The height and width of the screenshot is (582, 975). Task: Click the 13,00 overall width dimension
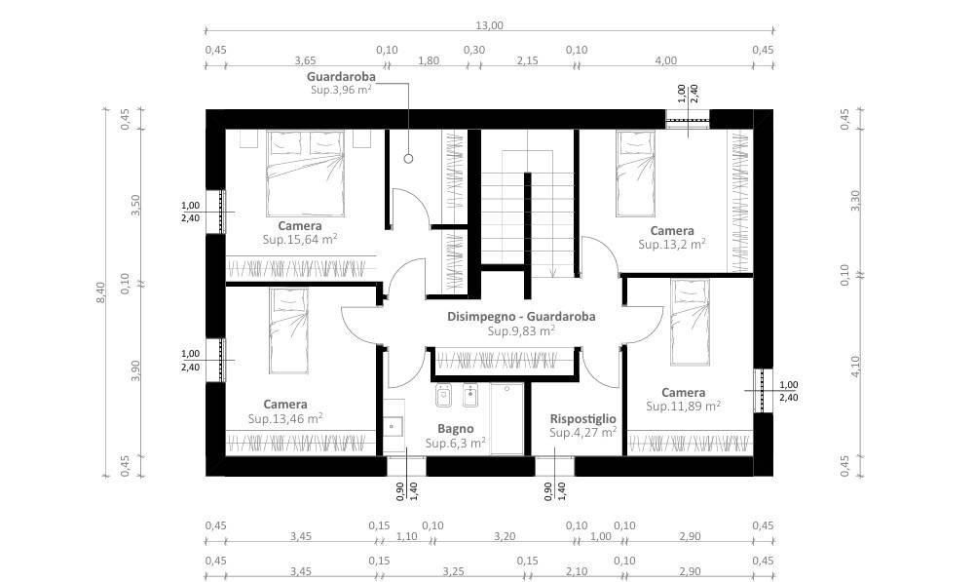coord(489,25)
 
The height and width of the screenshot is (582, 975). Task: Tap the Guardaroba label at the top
coord(341,77)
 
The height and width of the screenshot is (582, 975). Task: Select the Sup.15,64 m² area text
coord(300,239)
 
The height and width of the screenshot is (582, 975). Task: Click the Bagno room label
coord(455,429)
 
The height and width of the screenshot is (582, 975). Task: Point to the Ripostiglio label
coord(582,419)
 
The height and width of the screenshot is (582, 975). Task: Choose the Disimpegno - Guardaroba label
coord(521,316)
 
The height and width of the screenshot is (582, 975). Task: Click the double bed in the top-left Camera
coord(305,174)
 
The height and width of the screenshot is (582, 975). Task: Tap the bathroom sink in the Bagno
coord(393,426)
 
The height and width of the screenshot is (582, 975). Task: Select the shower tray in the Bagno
coord(506,418)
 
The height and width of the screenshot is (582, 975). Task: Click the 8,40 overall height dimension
coord(100,292)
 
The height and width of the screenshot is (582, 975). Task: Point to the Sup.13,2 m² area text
coord(671,244)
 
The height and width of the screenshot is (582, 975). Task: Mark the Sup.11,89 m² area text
coord(683,406)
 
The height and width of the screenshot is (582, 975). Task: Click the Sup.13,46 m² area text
coord(284,418)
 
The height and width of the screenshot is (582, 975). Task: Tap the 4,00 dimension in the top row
coord(666,60)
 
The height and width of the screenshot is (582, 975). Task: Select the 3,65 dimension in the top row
coord(305,60)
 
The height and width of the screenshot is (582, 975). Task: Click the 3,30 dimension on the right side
coord(855,201)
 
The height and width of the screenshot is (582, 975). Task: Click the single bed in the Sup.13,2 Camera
coord(635,174)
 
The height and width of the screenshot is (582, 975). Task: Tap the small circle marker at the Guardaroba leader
coord(408,159)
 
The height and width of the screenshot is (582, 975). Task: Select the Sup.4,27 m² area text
coord(582,432)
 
